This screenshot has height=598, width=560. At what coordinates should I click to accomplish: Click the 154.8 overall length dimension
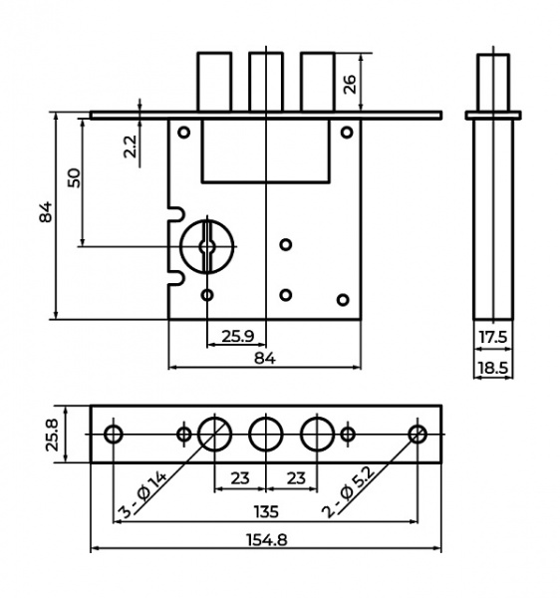[x=266, y=540]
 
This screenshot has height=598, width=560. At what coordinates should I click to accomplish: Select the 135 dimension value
[x=266, y=512]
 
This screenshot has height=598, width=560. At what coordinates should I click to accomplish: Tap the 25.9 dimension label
[x=237, y=336]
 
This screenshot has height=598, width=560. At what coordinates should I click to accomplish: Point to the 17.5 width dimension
[x=493, y=337]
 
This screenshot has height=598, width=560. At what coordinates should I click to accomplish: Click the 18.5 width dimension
[x=493, y=368]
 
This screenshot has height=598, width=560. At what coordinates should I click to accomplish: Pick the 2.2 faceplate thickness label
[x=131, y=147]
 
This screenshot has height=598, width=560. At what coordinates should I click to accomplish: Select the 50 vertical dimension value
[x=75, y=177]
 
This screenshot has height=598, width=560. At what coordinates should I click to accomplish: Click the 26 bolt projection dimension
[x=349, y=85]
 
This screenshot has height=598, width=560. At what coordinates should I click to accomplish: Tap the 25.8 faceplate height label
[x=52, y=436]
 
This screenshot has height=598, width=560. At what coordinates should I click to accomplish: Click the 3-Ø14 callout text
[x=142, y=494]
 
